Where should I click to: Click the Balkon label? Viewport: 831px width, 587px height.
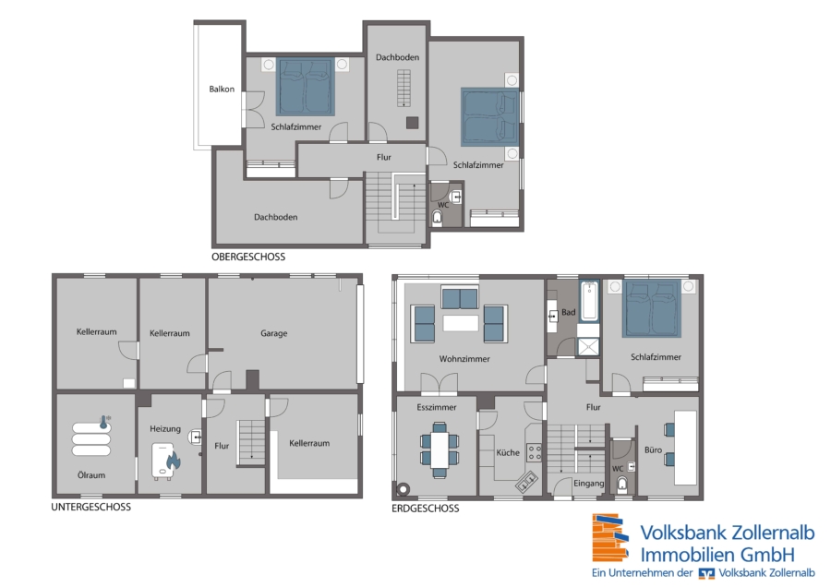pyautogui.click(x=222, y=89)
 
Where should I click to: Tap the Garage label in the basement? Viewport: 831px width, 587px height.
pyautogui.click(x=274, y=333)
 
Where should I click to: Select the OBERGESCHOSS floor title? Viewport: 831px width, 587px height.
pyautogui.click(x=248, y=257)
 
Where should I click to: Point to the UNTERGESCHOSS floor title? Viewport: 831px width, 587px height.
pyautogui.click(x=91, y=507)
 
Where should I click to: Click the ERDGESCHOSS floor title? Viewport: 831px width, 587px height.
pyautogui.click(x=426, y=509)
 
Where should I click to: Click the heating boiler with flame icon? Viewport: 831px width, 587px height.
pyautogui.click(x=166, y=461)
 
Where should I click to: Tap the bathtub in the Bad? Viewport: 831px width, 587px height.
pyautogui.click(x=589, y=301)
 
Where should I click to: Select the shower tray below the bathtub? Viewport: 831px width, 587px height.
pyautogui.click(x=588, y=347)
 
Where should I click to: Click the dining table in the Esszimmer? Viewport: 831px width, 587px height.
pyautogui.click(x=440, y=449)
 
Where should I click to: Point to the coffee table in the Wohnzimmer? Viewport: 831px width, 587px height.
pyautogui.click(x=461, y=323)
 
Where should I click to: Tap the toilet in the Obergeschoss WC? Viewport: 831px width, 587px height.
pyautogui.click(x=438, y=218)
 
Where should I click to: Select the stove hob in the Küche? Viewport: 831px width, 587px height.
pyautogui.click(x=535, y=453)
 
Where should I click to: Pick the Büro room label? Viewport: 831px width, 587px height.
pyautogui.click(x=653, y=449)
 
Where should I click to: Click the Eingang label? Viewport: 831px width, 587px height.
pyautogui.click(x=589, y=484)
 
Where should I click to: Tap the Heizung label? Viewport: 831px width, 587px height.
pyautogui.click(x=165, y=428)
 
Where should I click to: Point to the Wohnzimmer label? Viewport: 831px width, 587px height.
pyautogui.click(x=464, y=359)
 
